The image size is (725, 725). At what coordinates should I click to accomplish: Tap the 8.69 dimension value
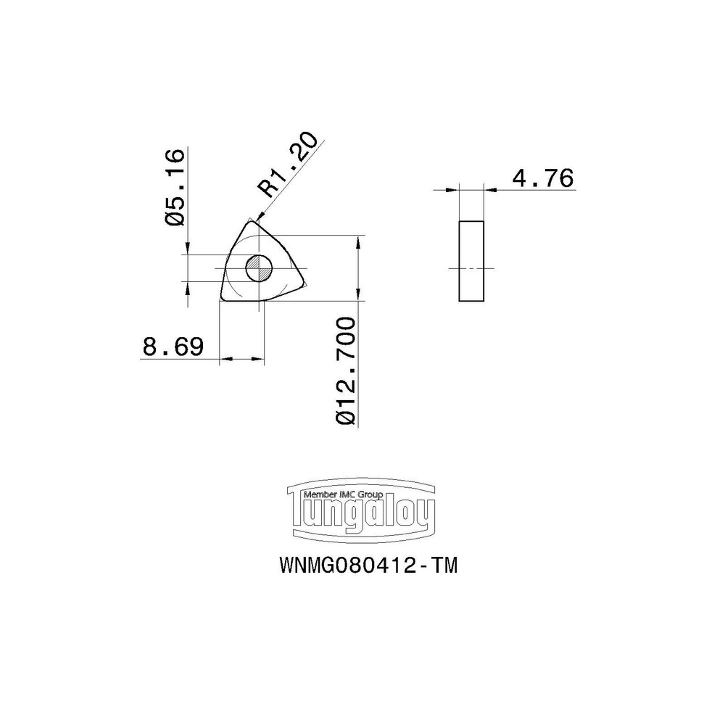171,347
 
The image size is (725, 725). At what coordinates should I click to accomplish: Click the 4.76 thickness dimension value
542,178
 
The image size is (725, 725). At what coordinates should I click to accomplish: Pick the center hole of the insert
257,269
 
